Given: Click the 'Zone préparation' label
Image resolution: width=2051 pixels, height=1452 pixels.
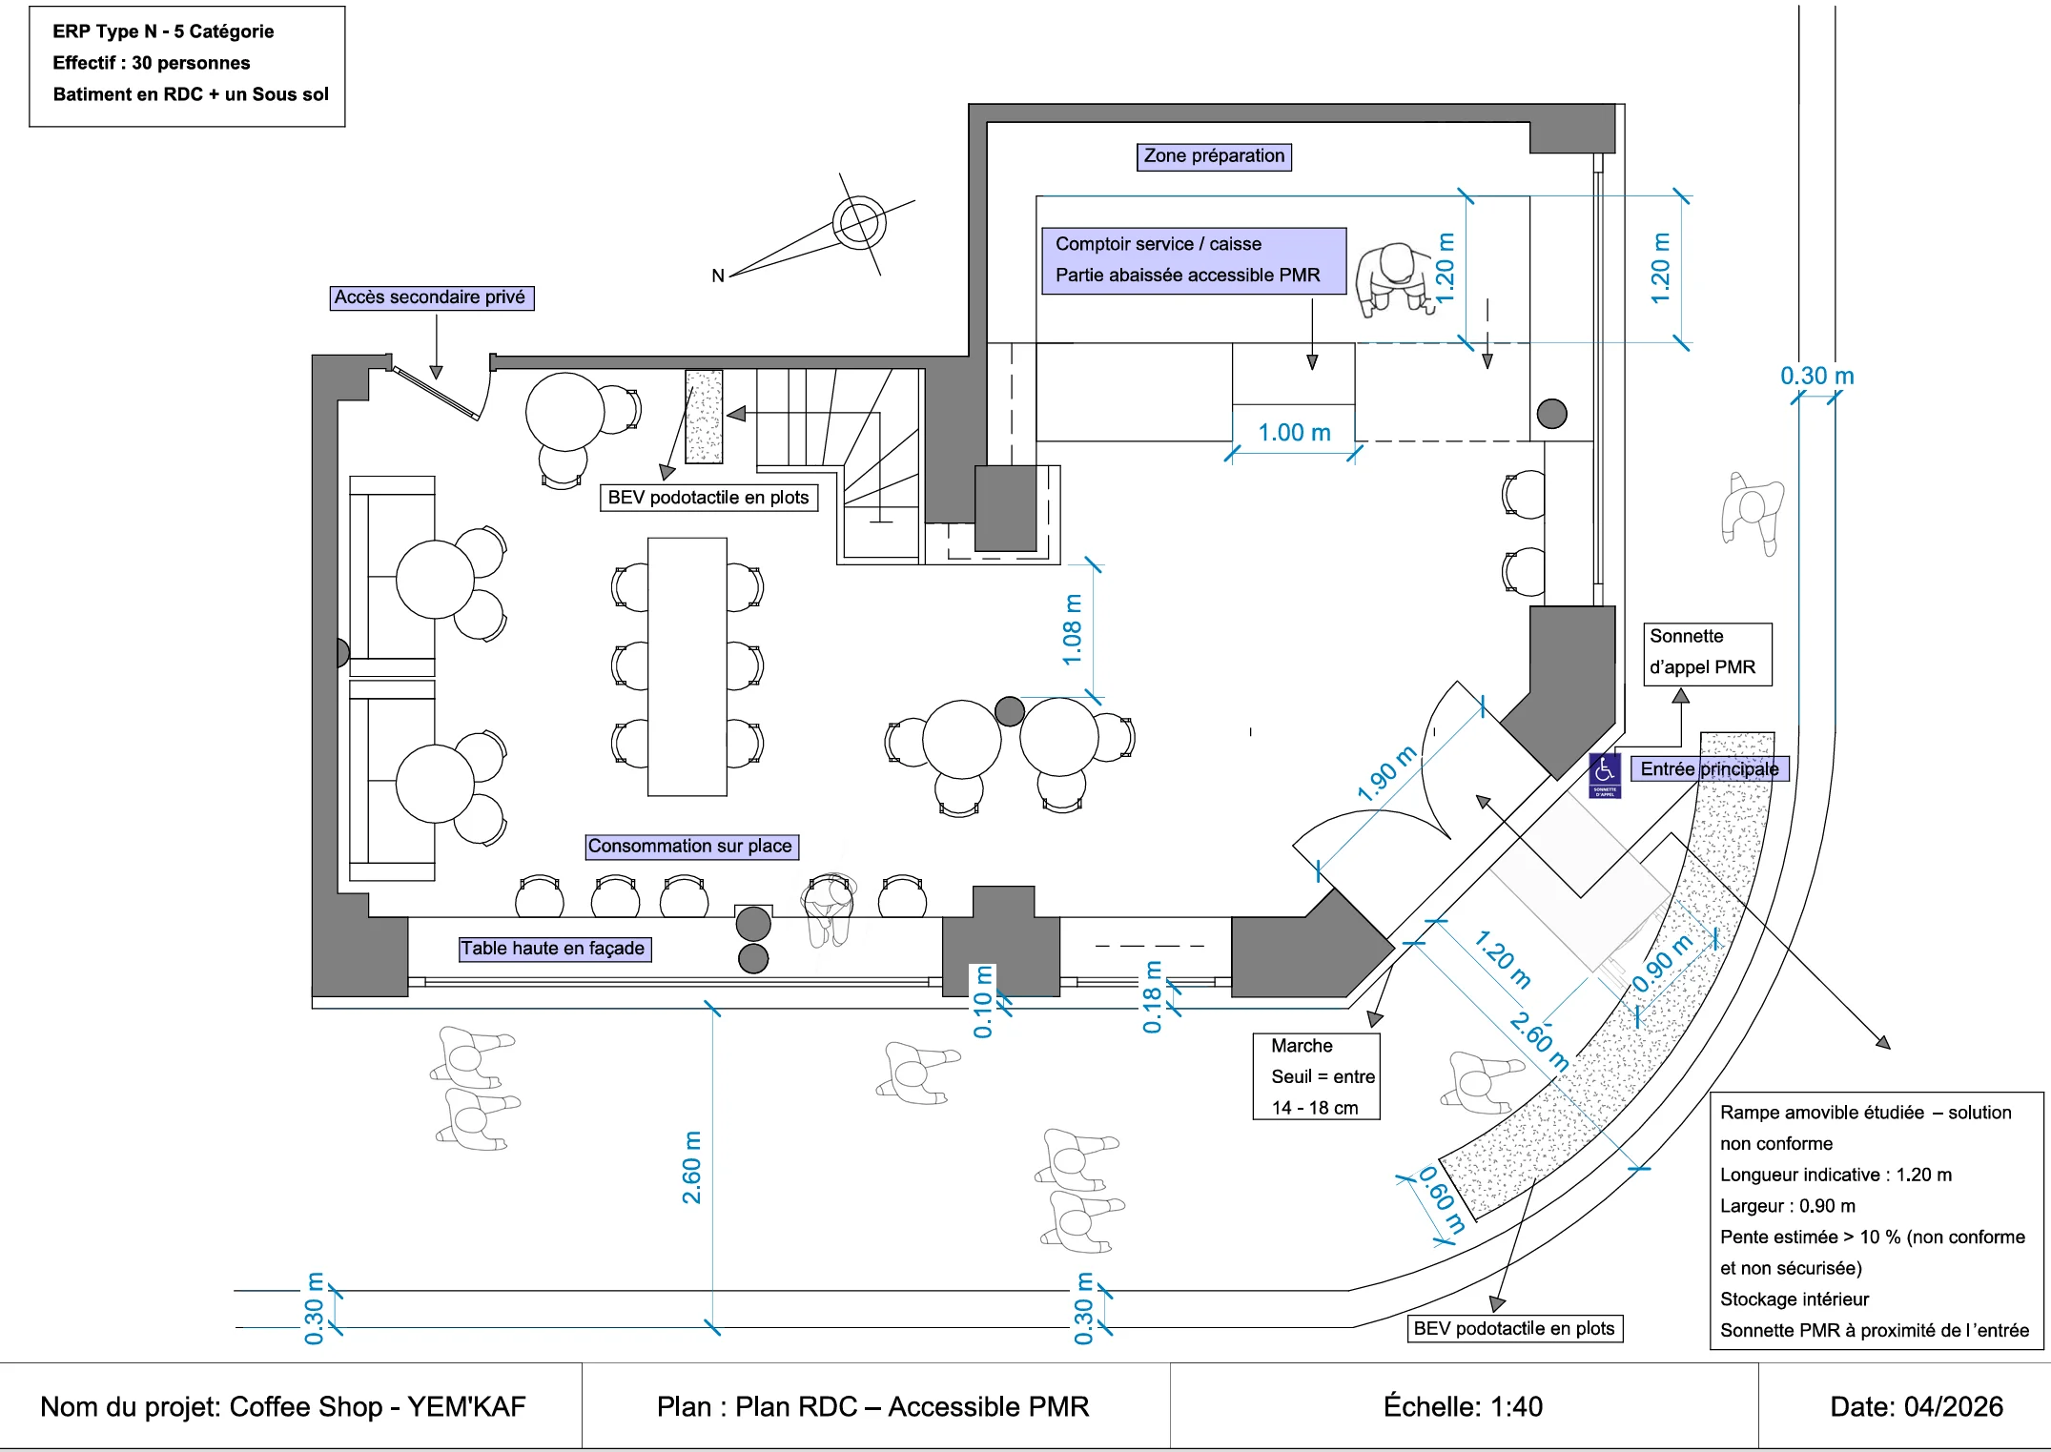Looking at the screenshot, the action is (x=1214, y=156).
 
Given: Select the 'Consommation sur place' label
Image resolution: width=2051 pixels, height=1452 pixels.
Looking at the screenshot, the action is (x=691, y=847).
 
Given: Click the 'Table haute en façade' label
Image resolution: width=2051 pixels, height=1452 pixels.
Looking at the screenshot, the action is (x=554, y=949).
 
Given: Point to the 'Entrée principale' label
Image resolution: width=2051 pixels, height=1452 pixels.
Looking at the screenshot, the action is (x=1710, y=769).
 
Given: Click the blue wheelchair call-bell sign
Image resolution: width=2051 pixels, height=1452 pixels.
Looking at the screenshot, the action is (x=1605, y=775).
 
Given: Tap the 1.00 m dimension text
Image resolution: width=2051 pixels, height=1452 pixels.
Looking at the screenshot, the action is (x=1294, y=433).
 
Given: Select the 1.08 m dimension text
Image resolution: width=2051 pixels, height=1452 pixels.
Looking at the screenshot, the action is (x=1073, y=630).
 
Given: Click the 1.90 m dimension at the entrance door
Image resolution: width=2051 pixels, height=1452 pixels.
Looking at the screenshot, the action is (x=1388, y=772).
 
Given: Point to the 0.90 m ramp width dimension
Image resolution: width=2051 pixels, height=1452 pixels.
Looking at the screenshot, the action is (x=1663, y=963).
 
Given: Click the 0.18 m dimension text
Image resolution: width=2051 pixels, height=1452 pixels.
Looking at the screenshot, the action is (x=1153, y=997).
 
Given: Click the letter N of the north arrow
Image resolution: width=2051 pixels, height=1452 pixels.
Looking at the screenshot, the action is (x=718, y=276).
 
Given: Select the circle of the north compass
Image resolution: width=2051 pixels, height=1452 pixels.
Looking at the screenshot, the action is (x=859, y=223).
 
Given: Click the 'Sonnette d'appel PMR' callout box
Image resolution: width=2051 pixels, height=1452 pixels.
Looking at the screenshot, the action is (x=1708, y=654).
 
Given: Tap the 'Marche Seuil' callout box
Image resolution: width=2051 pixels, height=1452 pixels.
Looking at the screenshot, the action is (x=1316, y=1076).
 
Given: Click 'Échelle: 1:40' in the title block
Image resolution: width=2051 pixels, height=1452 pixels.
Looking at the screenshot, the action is (x=1463, y=1407).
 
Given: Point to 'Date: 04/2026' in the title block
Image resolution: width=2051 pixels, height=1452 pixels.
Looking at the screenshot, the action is (x=1917, y=1407).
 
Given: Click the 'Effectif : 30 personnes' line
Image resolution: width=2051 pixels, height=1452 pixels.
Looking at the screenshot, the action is (x=152, y=63).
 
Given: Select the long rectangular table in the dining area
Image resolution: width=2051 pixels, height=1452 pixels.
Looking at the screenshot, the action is (x=687, y=666).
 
